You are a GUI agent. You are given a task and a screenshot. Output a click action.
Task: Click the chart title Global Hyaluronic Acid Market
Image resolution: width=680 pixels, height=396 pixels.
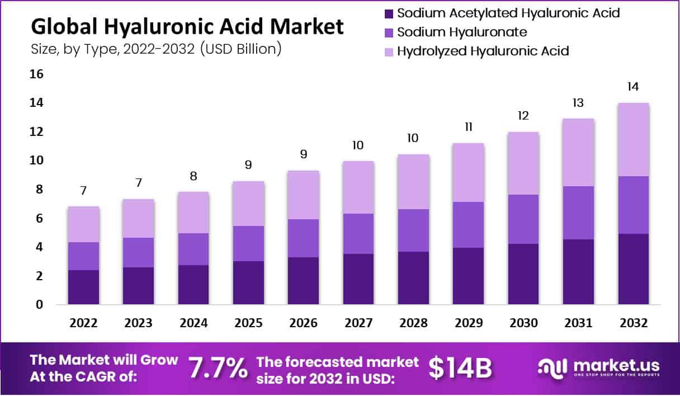[x=187, y=26]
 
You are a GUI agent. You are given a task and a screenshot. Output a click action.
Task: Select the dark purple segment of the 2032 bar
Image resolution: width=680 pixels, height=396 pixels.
[x=633, y=269]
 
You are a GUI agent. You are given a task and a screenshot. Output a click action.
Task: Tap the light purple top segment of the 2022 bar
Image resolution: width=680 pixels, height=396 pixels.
[x=83, y=224]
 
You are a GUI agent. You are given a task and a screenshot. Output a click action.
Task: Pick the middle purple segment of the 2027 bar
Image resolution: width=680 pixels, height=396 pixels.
[x=358, y=234]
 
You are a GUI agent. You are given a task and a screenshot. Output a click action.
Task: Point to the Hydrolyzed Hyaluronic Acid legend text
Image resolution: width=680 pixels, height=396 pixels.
[x=483, y=51]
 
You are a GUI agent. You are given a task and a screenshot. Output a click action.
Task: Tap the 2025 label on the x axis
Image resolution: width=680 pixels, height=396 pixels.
[x=248, y=323]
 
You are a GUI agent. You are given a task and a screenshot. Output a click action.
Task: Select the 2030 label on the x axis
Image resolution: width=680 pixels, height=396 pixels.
[x=523, y=323]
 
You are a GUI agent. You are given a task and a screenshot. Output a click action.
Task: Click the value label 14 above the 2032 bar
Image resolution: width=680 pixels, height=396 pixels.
[x=633, y=87]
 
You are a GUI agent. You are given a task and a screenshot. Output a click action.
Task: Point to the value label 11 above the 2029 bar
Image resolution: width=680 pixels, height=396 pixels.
[x=468, y=127]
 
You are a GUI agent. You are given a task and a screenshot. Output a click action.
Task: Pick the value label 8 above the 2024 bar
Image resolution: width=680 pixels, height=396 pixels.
[x=193, y=176]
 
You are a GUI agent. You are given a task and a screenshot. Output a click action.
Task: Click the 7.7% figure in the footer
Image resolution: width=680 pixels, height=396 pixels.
[x=218, y=368]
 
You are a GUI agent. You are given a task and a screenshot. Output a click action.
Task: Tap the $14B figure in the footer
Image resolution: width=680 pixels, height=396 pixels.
[x=460, y=368]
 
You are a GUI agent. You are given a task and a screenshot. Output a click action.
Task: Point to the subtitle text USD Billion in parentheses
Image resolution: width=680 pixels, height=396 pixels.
[x=240, y=49]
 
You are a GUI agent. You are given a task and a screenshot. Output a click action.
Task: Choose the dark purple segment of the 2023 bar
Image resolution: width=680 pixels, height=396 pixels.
[x=138, y=286]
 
